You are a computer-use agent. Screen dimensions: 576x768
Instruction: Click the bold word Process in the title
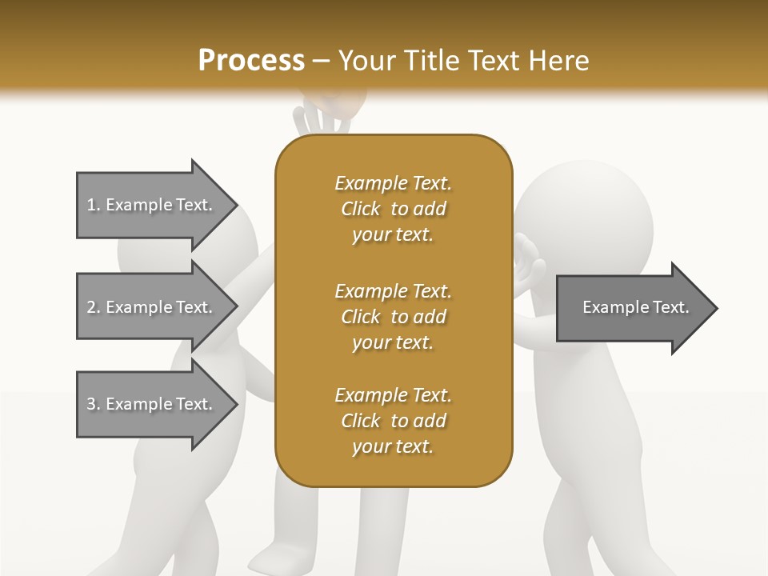point(251,61)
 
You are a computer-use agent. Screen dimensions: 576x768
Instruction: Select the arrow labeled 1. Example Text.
point(152,205)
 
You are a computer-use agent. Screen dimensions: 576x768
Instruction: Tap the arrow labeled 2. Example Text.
point(152,307)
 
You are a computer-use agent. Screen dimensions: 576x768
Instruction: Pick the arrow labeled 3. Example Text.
point(152,404)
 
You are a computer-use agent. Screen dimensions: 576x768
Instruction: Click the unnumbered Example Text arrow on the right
point(635,308)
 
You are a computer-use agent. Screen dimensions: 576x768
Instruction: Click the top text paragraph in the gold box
point(393,209)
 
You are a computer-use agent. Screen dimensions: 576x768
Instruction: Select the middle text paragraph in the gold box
point(393,317)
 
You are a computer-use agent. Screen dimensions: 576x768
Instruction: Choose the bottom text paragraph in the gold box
point(393,421)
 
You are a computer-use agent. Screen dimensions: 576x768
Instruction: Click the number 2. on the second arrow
point(94,307)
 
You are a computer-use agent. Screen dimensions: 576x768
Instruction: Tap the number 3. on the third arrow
point(94,404)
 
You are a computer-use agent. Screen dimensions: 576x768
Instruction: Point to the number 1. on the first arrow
point(94,205)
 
